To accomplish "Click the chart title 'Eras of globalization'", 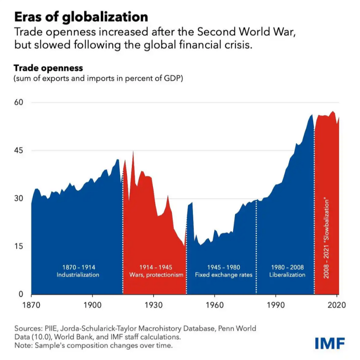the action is coord(81,17).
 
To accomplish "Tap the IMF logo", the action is coord(330,343).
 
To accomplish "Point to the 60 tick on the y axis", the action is coord(19,102).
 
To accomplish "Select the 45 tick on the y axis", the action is coord(19,150).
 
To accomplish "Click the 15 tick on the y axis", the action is coord(19,246).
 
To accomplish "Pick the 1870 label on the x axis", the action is coord(31,305).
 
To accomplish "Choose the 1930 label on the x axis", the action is coord(154,305).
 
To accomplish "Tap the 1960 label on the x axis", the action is coord(215,305).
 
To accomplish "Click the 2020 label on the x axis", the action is coord(337,305).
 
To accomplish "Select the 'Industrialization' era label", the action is coord(78,275).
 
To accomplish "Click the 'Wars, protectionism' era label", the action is coord(156,275).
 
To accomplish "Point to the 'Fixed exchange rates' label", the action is coord(224,275).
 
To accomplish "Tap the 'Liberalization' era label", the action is coord(287,275).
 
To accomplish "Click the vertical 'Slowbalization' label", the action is coord(326,238).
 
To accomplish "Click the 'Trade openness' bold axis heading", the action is coord(48,68).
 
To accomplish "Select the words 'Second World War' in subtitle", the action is coord(246,32).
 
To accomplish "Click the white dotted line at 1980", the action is coord(256,247).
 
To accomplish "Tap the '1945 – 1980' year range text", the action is coord(224,267).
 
